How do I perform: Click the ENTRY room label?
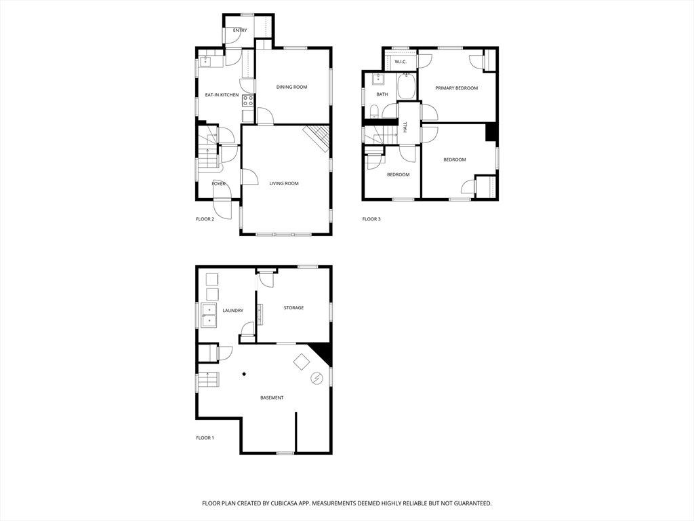point(240,30)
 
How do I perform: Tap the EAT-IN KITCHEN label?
point(222,95)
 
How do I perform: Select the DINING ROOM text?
point(291,87)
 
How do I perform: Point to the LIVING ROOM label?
point(284,183)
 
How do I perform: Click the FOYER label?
point(219,183)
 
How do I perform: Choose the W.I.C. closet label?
point(401,62)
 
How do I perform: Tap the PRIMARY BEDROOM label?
point(457,88)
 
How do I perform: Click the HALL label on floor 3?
point(405,127)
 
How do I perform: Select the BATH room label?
point(382,94)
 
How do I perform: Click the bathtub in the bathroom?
point(406,87)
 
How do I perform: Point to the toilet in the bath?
point(374,111)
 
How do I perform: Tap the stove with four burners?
point(248,100)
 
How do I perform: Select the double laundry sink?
point(209,315)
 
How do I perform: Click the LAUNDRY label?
point(233,311)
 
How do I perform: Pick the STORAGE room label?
point(293,307)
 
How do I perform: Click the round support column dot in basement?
point(244,374)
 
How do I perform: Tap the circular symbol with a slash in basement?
point(317,379)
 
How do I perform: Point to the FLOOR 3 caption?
point(371,219)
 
